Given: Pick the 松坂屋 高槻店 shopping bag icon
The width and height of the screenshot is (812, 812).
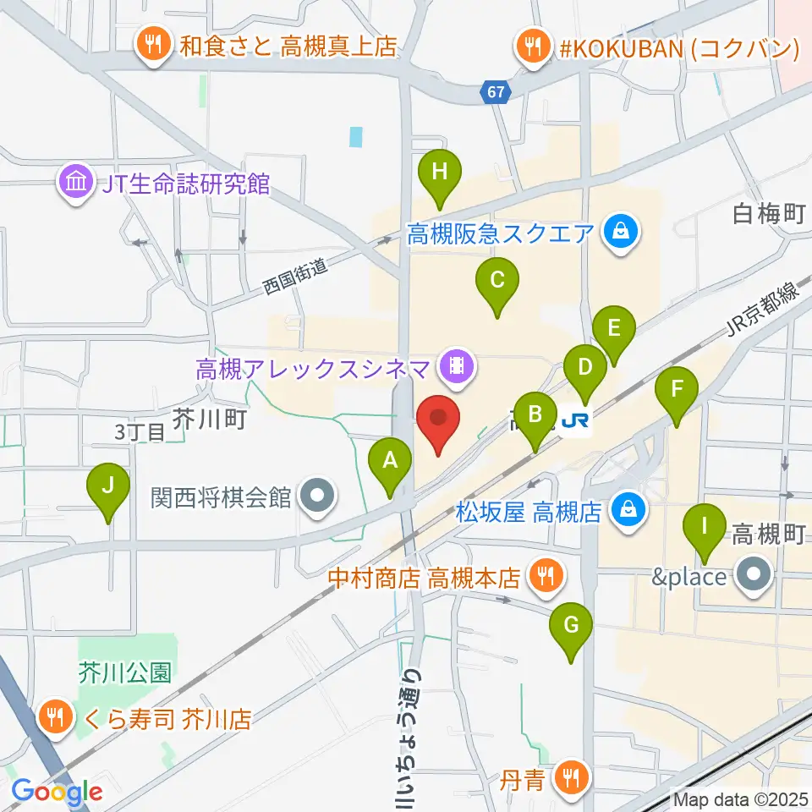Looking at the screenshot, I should point(628,510).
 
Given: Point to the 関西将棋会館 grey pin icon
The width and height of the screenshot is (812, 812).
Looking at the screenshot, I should point(318,496).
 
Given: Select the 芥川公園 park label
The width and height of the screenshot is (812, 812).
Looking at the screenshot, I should point(125,673).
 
